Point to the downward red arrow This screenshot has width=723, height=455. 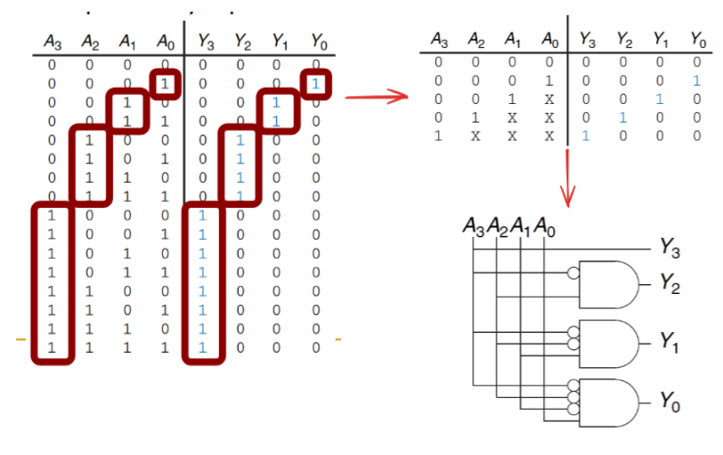pyautogui.click(x=568, y=175)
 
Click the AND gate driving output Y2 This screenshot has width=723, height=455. pyautogui.click(x=609, y=282)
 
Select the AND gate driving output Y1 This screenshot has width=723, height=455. pyautogui.click(x=609, y=341)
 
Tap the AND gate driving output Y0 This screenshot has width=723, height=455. pyautogui.click(x=609, y=401)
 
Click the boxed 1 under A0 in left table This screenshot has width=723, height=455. pyautogui.click(x=165, y=83)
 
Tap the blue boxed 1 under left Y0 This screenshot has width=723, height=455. pyautogui.click(x=315, y=83)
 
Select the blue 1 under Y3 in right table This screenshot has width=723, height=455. pyautogui.click(x=585, y=136)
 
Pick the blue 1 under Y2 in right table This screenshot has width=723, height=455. pyautogui.click(x=623, y=118)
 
